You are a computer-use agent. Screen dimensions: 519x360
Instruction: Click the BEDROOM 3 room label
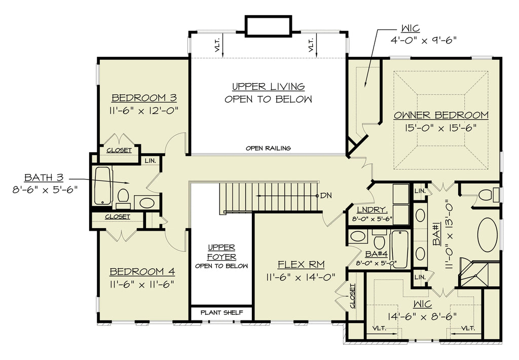(x=144, y=98)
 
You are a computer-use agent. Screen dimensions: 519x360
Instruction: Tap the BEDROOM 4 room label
(x=142, y=272)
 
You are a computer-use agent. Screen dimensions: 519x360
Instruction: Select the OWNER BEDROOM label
(x=441, y=115)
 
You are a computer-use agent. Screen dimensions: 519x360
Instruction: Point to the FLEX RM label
(x=301, y=264)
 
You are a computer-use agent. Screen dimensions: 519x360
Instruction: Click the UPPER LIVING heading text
(x=268, y=86)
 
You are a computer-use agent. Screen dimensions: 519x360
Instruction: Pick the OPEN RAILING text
(x=268, y=148)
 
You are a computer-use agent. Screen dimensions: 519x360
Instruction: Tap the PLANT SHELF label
(x=221, y=312)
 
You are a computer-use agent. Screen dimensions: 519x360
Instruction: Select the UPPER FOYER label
(x=221, y=252)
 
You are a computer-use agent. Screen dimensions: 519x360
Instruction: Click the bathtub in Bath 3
(x=102, y=186)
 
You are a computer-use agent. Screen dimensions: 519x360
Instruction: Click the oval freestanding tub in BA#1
(x=487, y=234)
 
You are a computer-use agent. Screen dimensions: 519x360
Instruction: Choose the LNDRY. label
(x=372, y=209)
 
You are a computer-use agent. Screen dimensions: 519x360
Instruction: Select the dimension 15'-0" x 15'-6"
(x=440, y=127)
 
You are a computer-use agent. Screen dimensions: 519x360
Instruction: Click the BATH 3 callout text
(x=44, y=177)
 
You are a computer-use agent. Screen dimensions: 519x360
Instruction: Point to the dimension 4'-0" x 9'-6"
(x=424, y=41)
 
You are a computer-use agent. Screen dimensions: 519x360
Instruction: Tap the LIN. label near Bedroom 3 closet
(x=150, y=161)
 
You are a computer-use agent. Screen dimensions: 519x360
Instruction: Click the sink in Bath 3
(x=145, y=202)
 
